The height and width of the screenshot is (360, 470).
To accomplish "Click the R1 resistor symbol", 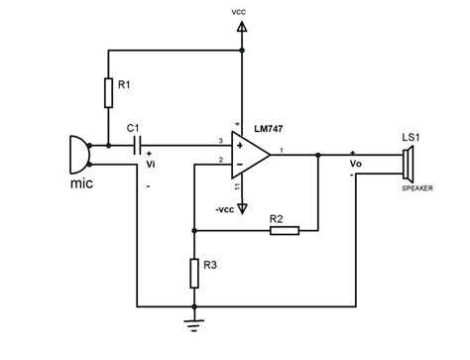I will coord(106,92).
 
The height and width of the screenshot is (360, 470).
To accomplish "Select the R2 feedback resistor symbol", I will coord(284,231).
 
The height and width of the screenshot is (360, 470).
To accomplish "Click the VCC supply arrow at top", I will coord(241,40).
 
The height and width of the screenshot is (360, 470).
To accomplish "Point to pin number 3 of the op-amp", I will coord(220,142).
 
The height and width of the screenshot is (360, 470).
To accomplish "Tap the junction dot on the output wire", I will coord(317,156).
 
